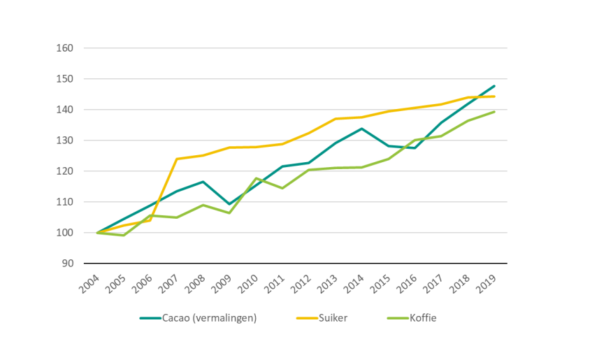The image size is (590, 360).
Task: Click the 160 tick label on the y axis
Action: (x=65, y=48)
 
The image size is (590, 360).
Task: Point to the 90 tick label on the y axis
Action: (x=67, y=264)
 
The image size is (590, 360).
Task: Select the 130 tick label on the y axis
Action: (x=65, y=141)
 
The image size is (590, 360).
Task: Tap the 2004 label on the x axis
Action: (x=89, y=281)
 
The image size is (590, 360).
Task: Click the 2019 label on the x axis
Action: (x=486, y=281)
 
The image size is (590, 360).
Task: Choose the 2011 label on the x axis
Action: (x=274, y=281)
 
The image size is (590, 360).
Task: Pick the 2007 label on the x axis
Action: (x=168, y=281)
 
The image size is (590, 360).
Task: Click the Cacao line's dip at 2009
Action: (x=229, y=204)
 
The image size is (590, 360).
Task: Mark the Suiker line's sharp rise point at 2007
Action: (x=176, y=159)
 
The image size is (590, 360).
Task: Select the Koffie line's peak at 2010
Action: (x=256, y=178)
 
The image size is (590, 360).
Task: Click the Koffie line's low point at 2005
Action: (x=123, y=236)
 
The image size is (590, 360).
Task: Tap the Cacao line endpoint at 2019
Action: (x=494, y=86)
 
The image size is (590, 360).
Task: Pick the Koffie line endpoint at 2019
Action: (x=494, y=112)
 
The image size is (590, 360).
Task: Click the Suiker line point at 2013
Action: (x=336, y=119)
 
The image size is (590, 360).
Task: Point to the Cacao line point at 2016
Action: (x=415, y=147)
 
